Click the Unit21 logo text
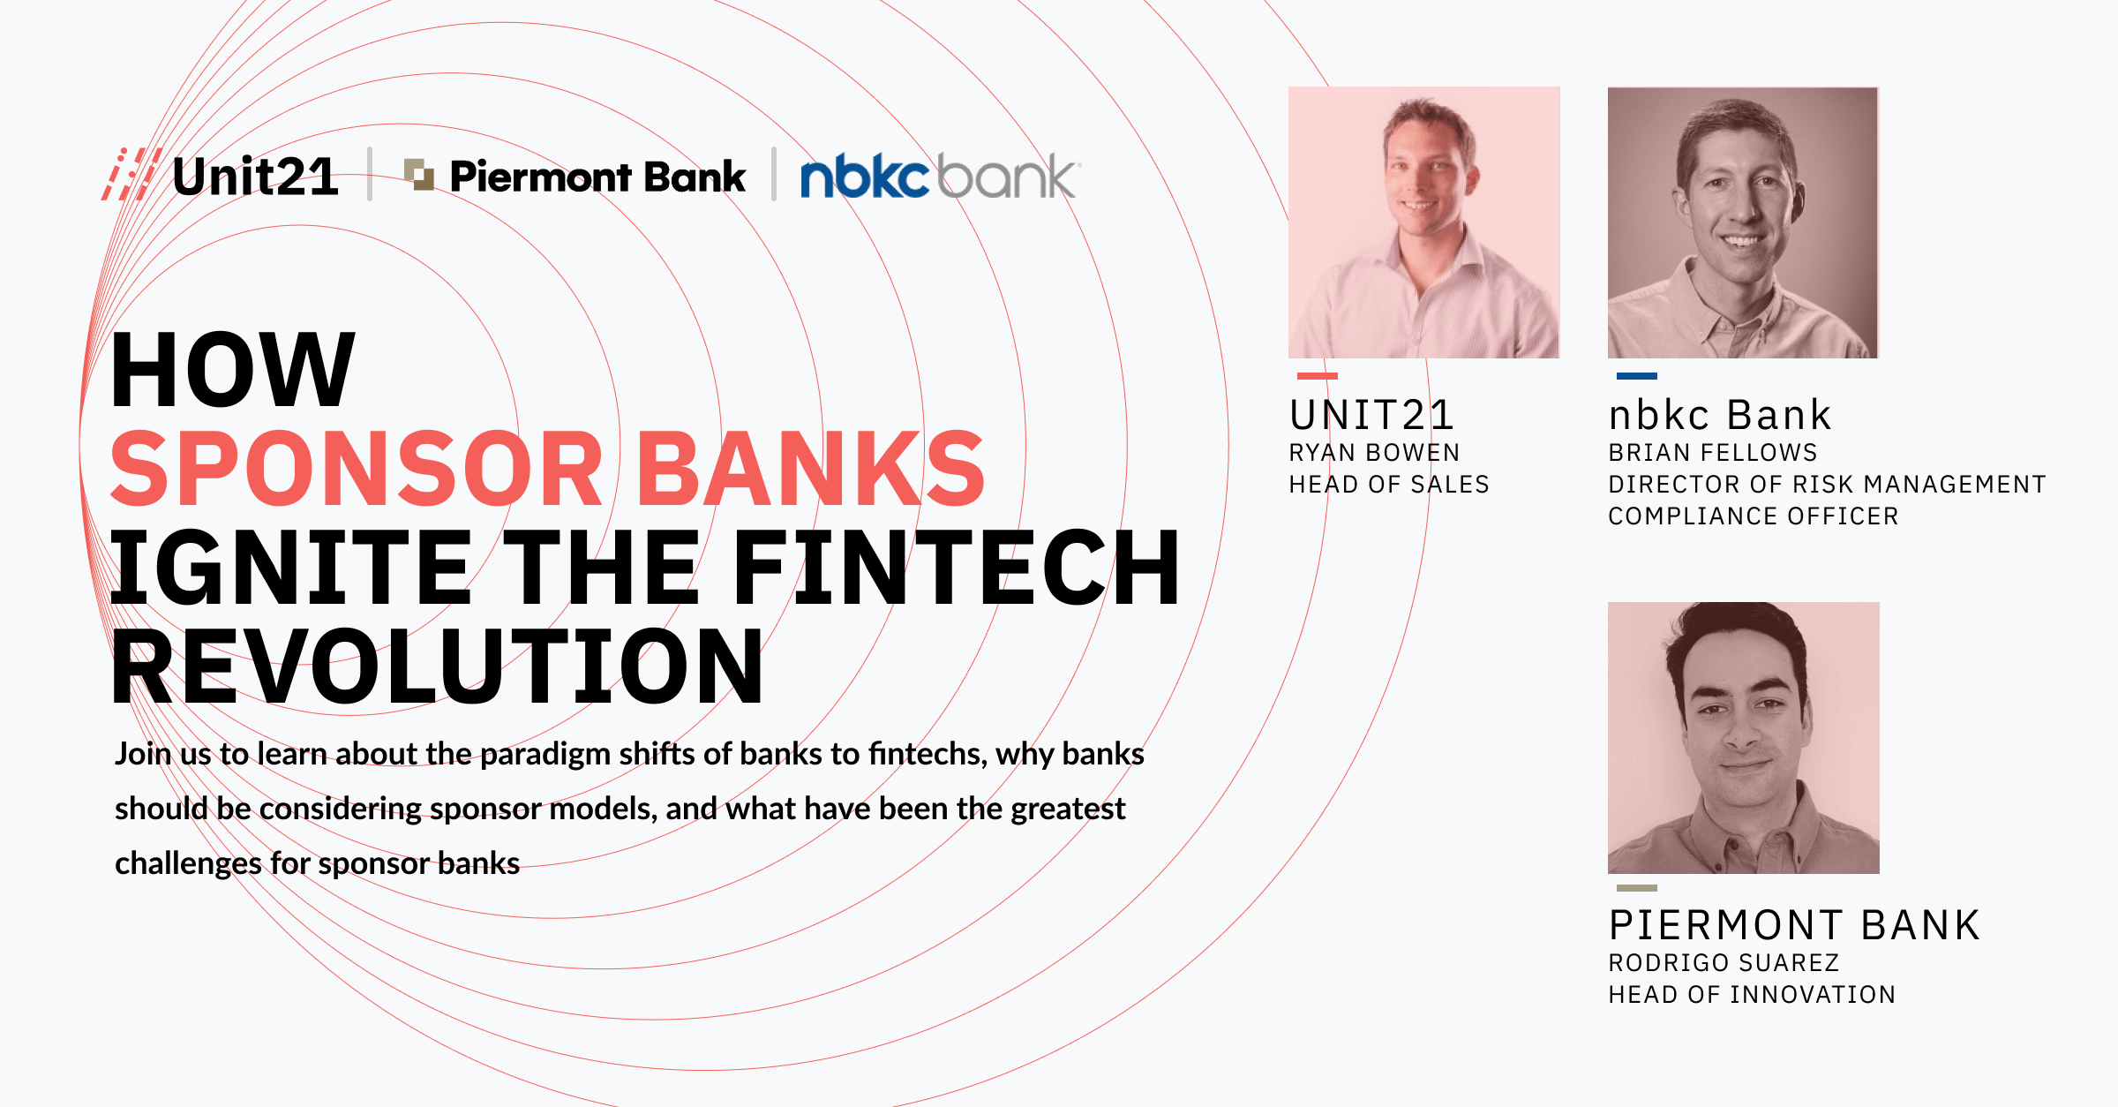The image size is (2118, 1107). coord(255,177)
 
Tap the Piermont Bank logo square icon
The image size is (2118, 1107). coord(419,174)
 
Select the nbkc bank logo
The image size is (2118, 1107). coord(939,177)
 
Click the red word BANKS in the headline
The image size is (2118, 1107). coord(810,469)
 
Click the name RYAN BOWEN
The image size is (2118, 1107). coord(1374,453)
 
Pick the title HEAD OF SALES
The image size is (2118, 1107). coord(1389,485)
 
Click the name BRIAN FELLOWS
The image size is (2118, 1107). coord(1712,453)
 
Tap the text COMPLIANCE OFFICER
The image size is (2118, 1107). coord(1753,516)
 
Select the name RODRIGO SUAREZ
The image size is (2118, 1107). coord(1724,963)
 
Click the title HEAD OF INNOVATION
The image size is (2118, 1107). coord(1752,995)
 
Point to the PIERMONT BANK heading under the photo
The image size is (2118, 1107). coord(1794,926)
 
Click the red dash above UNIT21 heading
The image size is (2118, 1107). coord(1318,376)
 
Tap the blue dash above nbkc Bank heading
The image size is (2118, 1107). coord(1637,376)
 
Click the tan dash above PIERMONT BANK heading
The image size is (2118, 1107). coord(1637,888)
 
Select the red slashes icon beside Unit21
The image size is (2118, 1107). coord(131,174)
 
